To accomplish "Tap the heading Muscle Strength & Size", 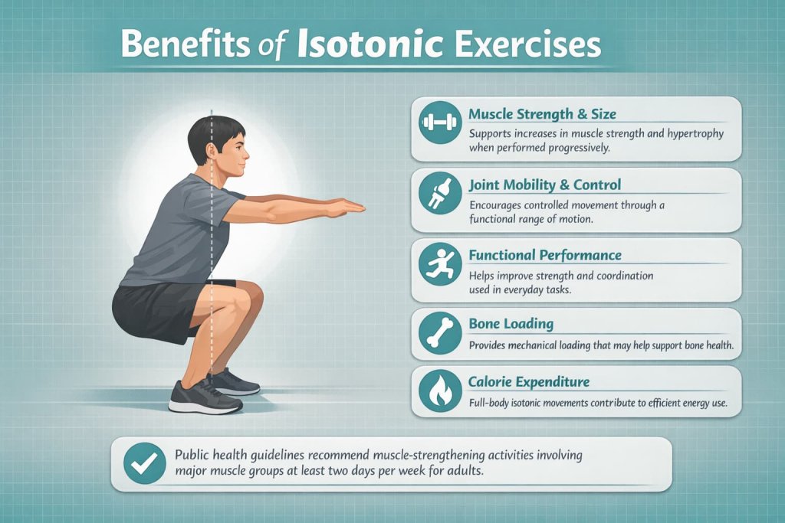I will (x=542, y=115).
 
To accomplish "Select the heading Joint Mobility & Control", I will (x=544, y=185).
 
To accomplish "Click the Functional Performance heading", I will (x=544, y=255).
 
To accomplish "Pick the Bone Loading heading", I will (x=511, y=324).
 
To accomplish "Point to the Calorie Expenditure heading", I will (x=530, y=381).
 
